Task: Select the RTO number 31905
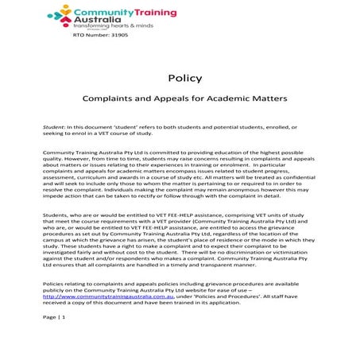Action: point(99,36)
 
